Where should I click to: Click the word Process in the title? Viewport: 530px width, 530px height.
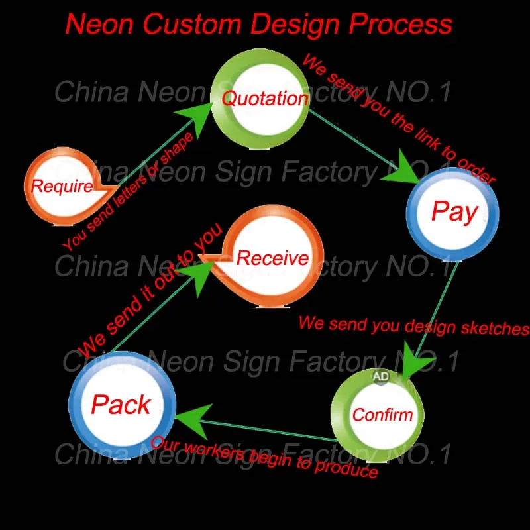(x=401, y=24)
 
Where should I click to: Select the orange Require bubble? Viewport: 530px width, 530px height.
(x=62, y=186)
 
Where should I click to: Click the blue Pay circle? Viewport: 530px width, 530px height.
(x=454, y=212)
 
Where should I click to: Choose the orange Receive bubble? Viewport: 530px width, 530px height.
(x=272, y=258)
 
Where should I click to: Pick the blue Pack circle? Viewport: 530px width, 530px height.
(x=121, y=404)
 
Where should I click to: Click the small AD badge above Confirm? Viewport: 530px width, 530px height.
(x=381, y=376)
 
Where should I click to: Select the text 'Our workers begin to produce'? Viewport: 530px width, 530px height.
(x=264, y=456)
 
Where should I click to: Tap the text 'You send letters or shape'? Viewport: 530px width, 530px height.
(x=129, y=191)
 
